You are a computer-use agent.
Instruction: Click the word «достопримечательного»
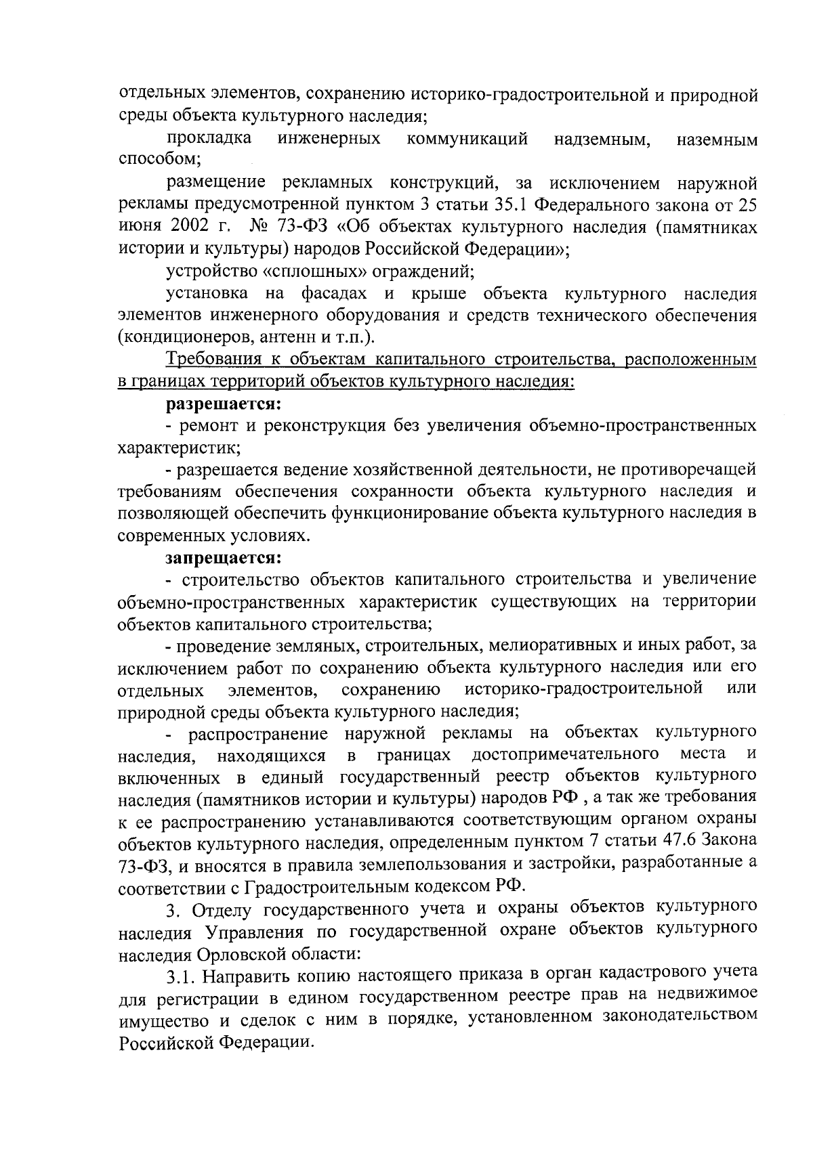(566, 754)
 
